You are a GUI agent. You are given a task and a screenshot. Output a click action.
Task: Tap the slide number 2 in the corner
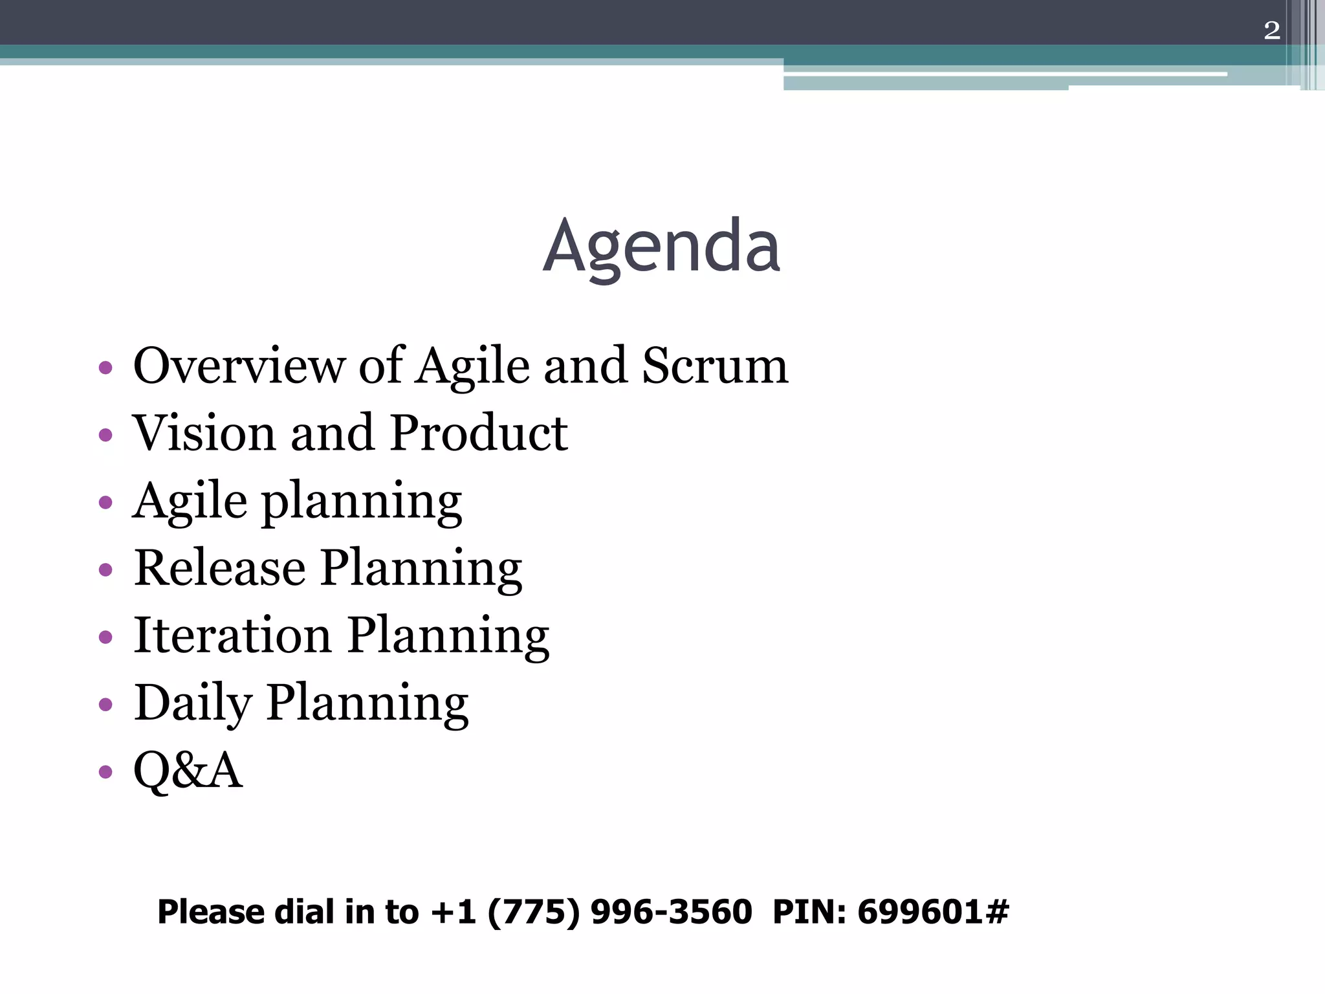point(1271,30)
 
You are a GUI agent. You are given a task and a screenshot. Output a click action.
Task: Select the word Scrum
point(715,366)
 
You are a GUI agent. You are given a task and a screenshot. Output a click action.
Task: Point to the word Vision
point(204,433)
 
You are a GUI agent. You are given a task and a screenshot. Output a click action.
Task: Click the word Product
point(479,433)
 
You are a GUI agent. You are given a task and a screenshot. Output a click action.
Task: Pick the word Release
point(219,568)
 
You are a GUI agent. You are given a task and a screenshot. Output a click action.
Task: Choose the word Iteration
point(232,635)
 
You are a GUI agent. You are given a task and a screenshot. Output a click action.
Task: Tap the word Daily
point(193,703)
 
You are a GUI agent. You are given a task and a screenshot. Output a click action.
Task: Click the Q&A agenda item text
point(188,770)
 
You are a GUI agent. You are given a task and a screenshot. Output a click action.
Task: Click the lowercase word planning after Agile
point(362,502)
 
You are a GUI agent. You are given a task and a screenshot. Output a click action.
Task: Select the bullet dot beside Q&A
point(105,771)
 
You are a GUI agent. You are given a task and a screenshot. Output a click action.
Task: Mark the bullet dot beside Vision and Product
point(105,435)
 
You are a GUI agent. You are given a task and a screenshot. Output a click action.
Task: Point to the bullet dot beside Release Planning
point(105,569)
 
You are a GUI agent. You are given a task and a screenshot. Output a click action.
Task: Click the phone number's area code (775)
point(533,912)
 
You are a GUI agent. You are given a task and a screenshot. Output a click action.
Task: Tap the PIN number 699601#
point(932,912)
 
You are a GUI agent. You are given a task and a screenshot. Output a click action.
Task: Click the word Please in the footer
point(212,912)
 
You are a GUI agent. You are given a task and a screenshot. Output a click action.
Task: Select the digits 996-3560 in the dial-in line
point(671,912)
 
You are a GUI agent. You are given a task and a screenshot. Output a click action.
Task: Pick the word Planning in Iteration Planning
point(448,636)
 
